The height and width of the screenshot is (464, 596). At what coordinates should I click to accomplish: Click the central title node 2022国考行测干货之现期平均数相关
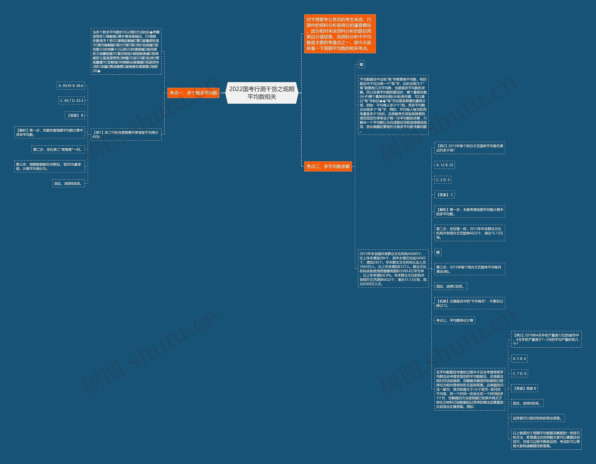pos(262,93)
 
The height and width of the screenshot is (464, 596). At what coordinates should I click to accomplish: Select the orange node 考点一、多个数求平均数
pos(193,93)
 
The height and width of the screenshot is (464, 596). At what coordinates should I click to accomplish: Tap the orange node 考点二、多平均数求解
pos(328,166)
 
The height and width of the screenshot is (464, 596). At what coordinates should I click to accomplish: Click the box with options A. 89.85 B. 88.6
pos(71,86)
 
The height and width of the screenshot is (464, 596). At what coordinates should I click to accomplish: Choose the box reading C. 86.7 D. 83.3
pos(71,100)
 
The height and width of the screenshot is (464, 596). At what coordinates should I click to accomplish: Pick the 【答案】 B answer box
pos(75,116)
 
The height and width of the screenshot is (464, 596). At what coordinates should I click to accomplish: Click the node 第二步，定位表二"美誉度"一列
pos(58,149)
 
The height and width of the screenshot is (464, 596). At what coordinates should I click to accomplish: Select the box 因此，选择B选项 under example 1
pos(68,183)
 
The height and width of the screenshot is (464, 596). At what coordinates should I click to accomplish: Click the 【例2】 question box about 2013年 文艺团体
pos(469,148)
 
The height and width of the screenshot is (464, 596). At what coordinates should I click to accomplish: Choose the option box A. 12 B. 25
pos(444,165)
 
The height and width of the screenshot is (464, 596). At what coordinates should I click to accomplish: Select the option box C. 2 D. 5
pos(443,180)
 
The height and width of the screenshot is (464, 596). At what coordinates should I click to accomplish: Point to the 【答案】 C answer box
pos(444,195)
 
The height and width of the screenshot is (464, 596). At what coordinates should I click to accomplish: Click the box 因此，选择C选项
pos(450,286)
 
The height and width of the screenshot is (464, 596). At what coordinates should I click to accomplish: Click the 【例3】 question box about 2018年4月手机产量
pos(546,339)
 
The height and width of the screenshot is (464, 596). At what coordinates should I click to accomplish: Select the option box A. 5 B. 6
pos(519,359)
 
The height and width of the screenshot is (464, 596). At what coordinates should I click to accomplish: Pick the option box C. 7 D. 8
pos(519,373)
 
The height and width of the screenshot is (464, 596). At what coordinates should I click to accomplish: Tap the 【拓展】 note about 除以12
pos(469,303)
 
